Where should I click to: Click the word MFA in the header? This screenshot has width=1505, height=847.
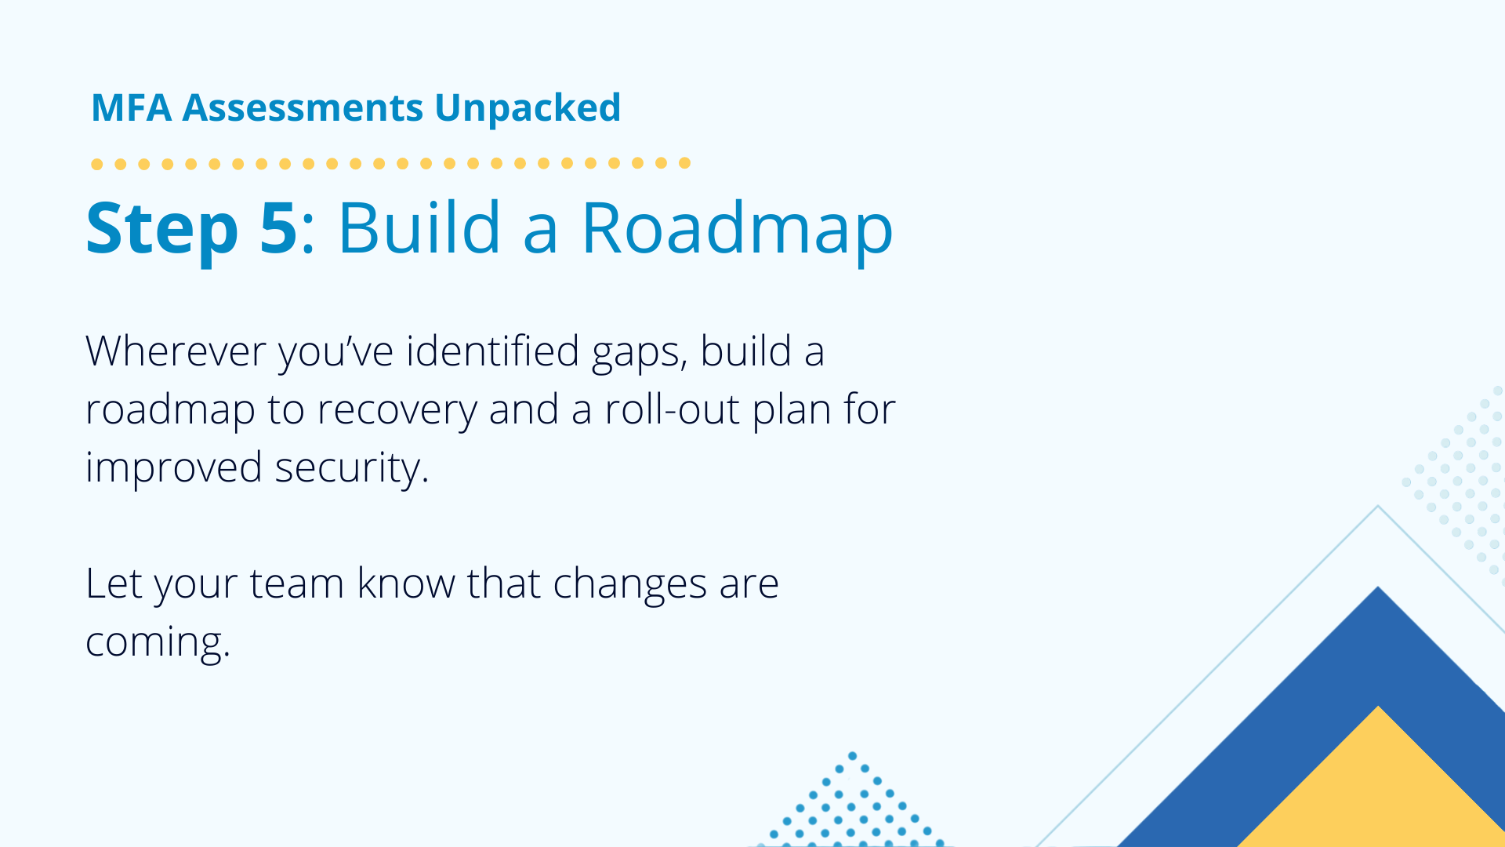[131, 107]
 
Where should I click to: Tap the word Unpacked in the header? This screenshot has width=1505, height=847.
[528, 109]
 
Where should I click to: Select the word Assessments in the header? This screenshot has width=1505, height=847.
[303, 108]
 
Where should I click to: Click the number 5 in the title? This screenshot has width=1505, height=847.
[278, 227]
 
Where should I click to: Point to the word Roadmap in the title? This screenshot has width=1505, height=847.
[737, 229]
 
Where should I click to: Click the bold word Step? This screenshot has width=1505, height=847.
[162, 229]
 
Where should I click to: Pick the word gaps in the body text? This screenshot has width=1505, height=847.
[640, 354]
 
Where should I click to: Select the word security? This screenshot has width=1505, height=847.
[352, 469]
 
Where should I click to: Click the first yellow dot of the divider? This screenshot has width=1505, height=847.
[97, 164]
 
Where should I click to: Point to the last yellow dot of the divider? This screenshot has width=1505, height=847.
[684, 163]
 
